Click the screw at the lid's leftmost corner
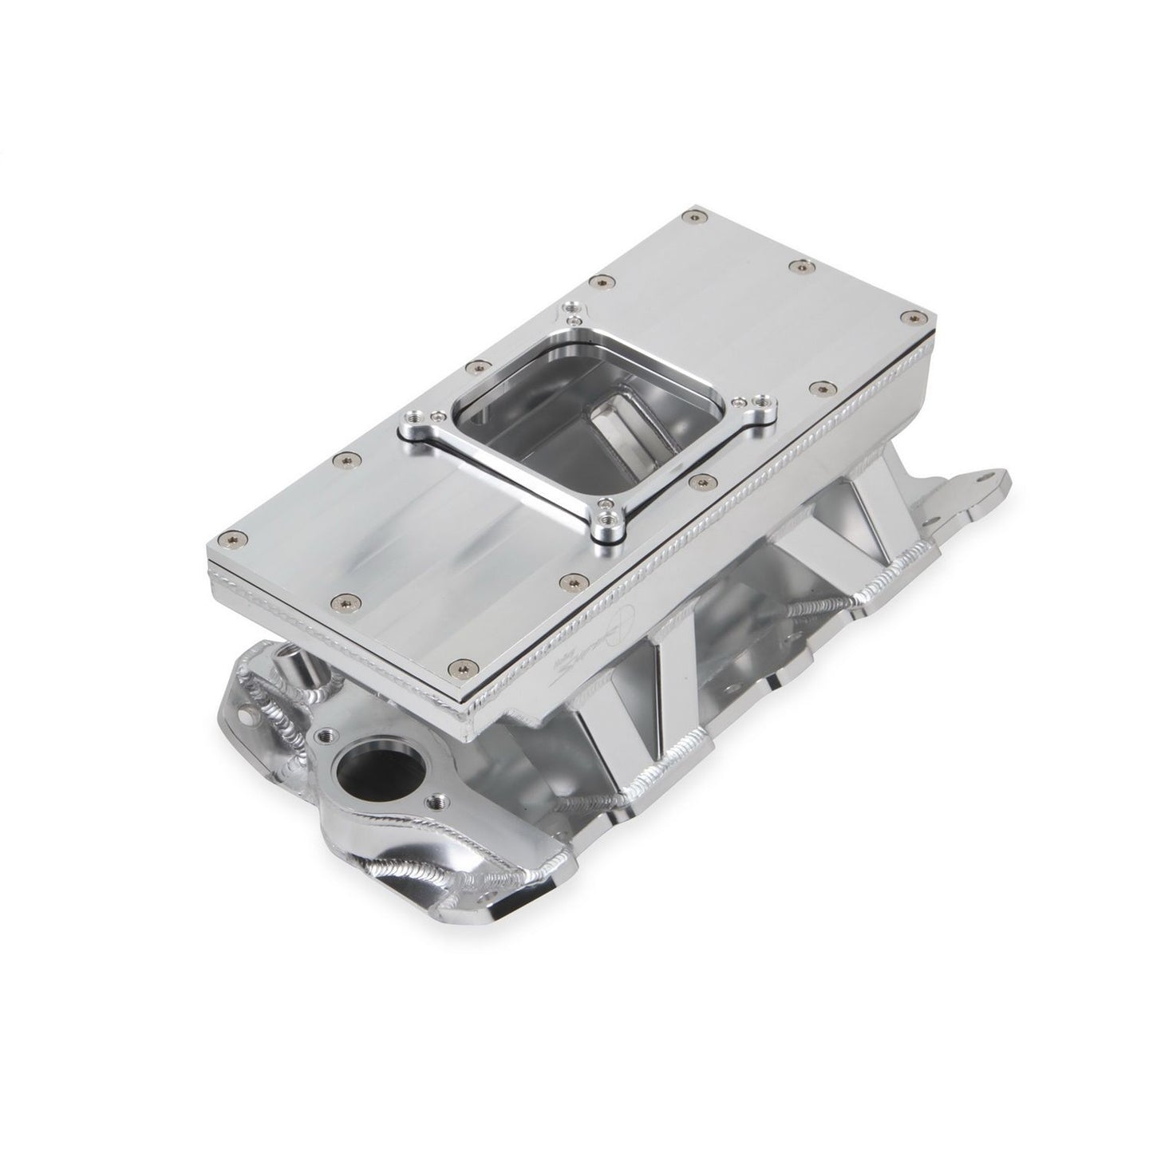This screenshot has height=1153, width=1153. point(231,535)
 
